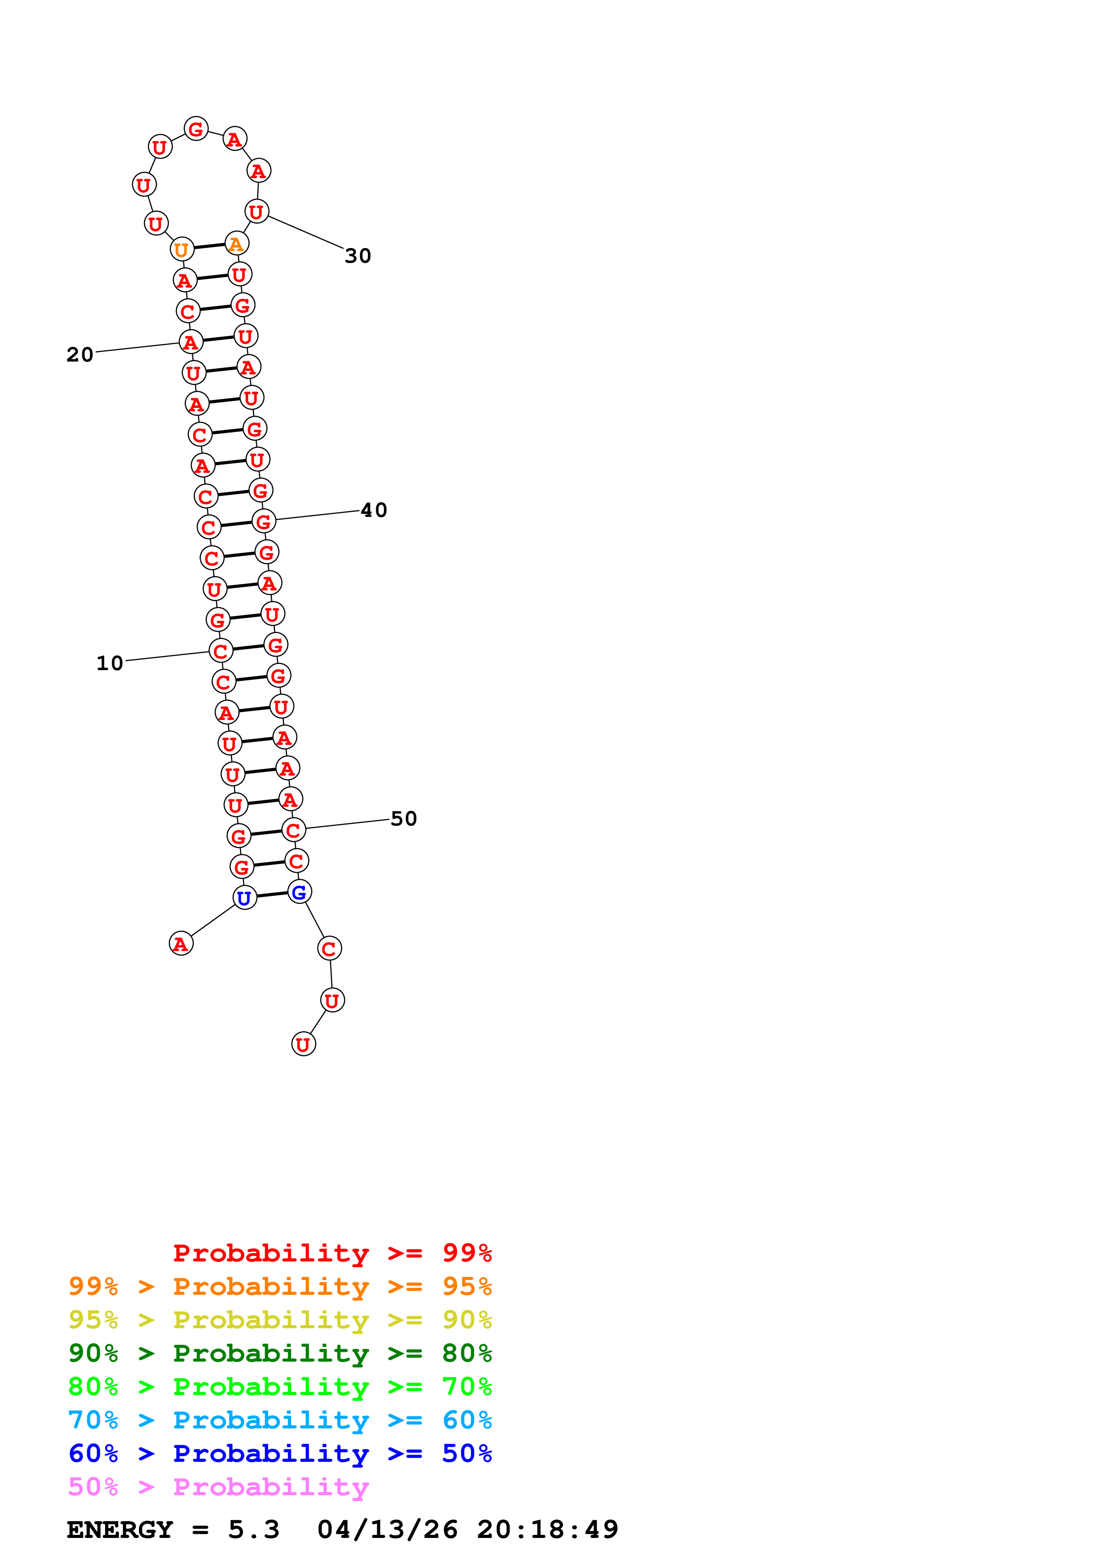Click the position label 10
(110, 663)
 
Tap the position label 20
(80, 354)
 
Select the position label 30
(358, 256)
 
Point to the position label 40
(374, 510)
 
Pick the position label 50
(403, 818)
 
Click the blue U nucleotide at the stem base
(244, 898)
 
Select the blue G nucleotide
(299, 892)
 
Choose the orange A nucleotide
(236, 244)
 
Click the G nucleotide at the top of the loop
(196, 129)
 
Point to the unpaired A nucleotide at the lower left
(181, 944)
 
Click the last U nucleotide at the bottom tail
(303, 1044)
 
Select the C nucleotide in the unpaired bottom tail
(329, 948)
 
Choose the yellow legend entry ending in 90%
(280, 1320)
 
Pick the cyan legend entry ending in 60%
(280, 1420)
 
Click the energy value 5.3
(253, 1529)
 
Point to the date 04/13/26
(387, 1529)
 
